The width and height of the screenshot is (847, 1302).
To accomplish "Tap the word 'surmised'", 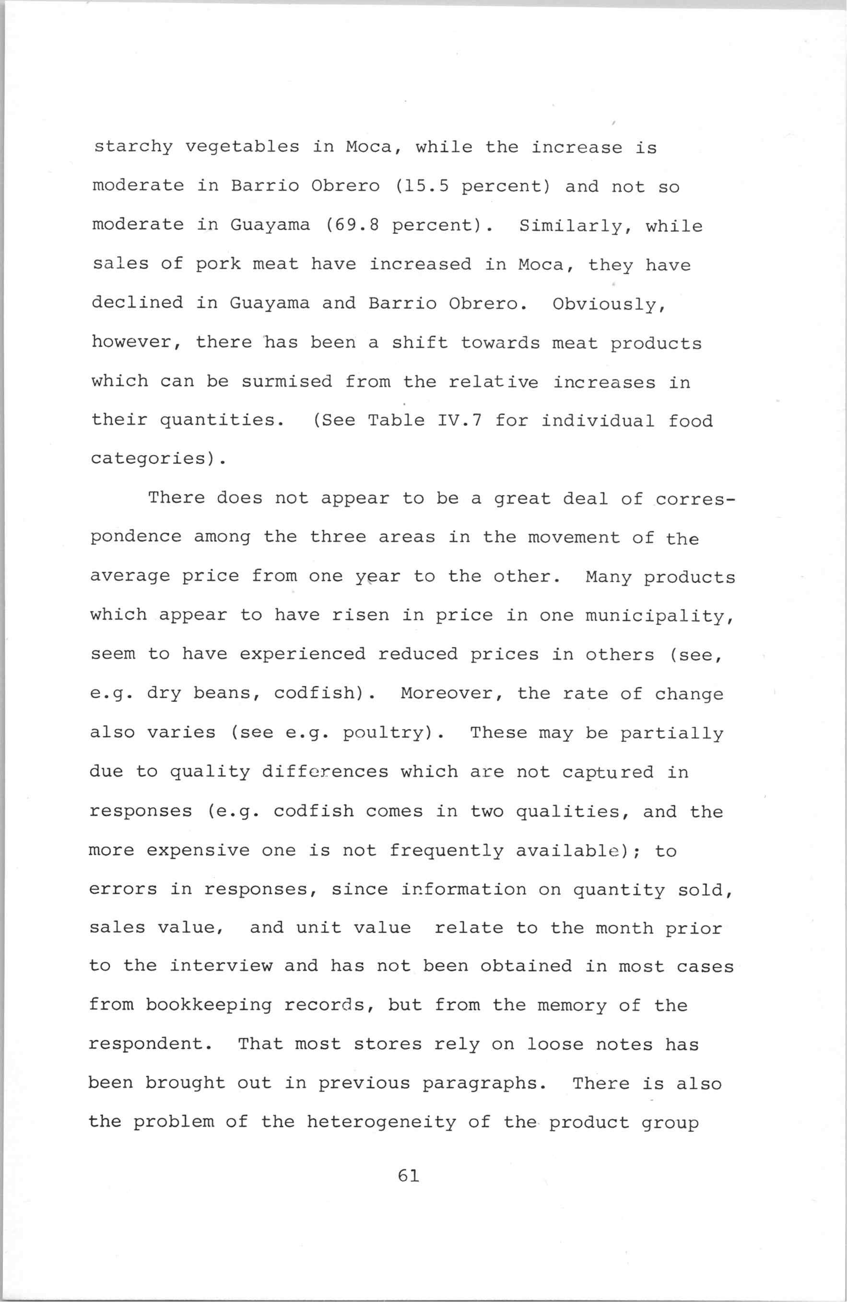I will [287, 382].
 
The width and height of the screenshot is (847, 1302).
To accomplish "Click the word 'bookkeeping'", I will [209, 1006].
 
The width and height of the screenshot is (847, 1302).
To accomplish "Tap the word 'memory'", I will [572, 1006].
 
